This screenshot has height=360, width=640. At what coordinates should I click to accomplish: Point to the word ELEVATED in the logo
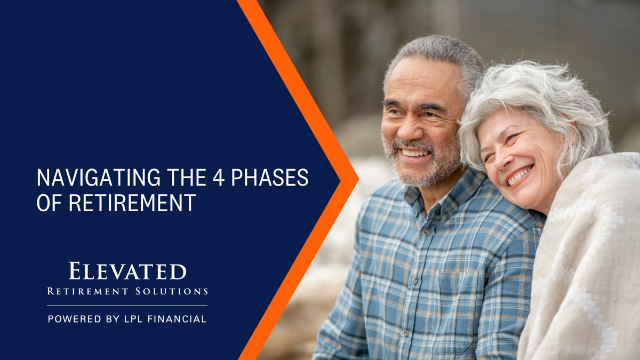127,271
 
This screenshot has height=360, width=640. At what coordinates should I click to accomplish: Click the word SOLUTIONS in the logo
177,291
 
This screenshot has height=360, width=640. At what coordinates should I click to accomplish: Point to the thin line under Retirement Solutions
127,306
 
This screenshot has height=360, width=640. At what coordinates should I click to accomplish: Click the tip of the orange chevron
357,180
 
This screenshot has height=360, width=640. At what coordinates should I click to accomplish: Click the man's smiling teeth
415,153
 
